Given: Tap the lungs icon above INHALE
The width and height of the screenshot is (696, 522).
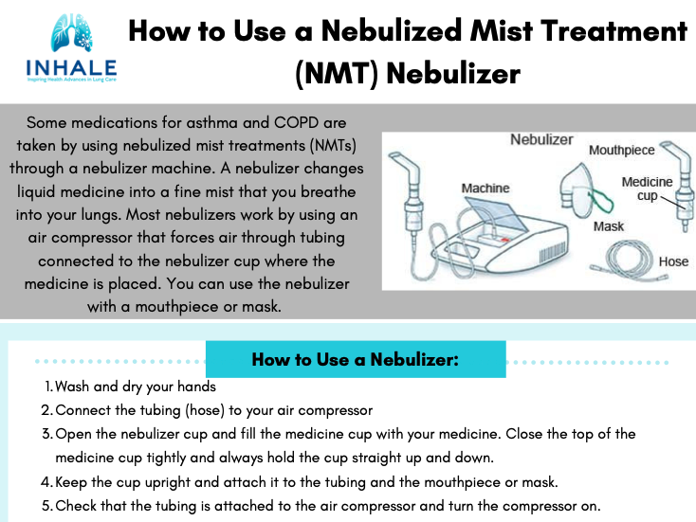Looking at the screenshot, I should coord(71,36).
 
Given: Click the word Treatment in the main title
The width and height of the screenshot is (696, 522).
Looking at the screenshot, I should coord(609,31).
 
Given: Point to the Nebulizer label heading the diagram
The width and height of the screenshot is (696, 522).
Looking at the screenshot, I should coord(541,139).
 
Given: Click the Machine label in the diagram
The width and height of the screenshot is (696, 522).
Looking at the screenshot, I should coord(485,188).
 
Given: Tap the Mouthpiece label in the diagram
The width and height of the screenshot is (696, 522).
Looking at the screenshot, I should coord(621,150).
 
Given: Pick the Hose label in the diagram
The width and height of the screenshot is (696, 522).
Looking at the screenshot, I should coord(672,261).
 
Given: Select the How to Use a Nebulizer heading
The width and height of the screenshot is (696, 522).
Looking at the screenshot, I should coord(356,360).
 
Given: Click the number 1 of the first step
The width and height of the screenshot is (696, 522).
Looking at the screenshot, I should coord(47,387).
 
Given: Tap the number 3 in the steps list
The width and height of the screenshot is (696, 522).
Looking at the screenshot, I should coord(46,434).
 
